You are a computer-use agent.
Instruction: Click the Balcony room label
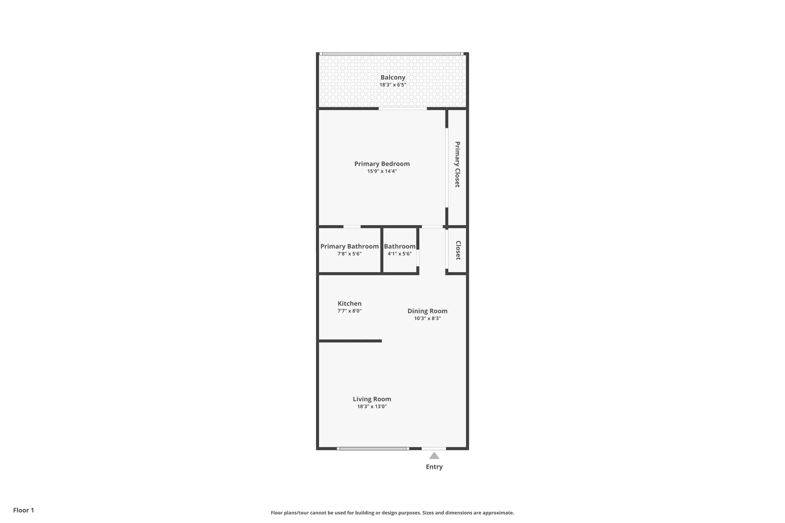392,77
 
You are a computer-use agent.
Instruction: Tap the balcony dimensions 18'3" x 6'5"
392,85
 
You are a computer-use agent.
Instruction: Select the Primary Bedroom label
382,164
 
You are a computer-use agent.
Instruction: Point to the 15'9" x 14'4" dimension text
382,171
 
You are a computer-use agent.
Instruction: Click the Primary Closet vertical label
457,164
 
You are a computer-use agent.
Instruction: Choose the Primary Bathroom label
349,246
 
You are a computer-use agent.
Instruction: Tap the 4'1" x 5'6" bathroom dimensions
400,254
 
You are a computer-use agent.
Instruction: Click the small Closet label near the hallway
458,250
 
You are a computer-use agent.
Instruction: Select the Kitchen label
349,303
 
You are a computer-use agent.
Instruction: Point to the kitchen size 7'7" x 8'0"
349,311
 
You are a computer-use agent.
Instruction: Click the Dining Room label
427,311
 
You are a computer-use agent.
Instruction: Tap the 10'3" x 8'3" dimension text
427,318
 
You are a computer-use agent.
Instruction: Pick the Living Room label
372,399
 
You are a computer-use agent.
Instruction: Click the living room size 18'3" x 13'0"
372,406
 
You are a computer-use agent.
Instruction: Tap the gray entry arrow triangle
434,456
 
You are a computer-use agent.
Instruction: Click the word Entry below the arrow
434,467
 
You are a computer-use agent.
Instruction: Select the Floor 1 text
24,510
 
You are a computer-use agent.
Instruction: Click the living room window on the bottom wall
373,448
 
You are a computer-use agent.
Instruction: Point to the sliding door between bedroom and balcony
403,108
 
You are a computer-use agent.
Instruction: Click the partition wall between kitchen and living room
349,341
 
